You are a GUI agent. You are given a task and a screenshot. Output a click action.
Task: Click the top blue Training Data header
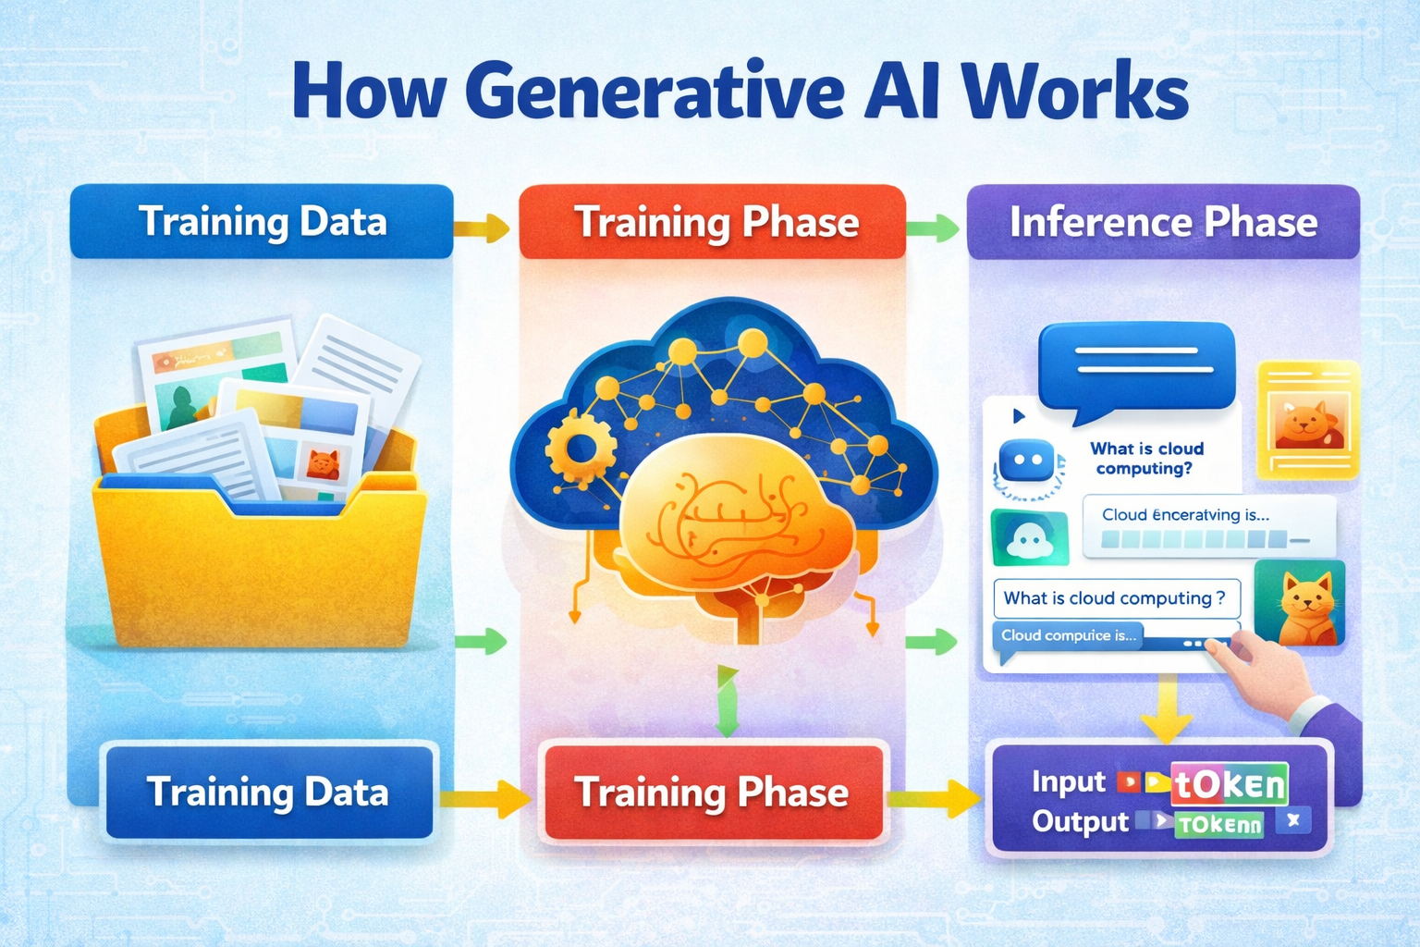pos(262,222)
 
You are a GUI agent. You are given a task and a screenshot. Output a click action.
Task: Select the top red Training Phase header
pos(713,223)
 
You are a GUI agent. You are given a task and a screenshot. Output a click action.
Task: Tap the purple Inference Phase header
pos(1163,222)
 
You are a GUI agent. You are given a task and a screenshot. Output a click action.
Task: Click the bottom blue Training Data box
pos(268,793)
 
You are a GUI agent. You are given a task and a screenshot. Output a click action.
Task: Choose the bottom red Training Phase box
pos(712,793)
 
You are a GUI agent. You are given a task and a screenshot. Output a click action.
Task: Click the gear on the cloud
pos(581,449)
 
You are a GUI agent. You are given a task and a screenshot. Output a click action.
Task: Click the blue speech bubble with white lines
pos(1137,365)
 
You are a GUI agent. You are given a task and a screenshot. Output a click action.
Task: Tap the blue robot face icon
pos(1027,460)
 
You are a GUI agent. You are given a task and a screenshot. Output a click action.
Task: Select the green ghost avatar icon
pos(1029,537)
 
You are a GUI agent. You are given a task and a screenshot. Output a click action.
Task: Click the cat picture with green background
pos(1300,603)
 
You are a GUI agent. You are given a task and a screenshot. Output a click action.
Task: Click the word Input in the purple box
pos(1068,782)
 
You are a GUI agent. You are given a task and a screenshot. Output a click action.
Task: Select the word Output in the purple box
pos(1080,821)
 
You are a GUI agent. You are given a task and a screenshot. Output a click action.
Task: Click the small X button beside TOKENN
pos(1293,819)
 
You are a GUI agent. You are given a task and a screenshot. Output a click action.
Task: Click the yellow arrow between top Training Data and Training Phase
pos(484,228)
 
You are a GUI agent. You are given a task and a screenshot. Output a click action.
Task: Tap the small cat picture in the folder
pos(323,462)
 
